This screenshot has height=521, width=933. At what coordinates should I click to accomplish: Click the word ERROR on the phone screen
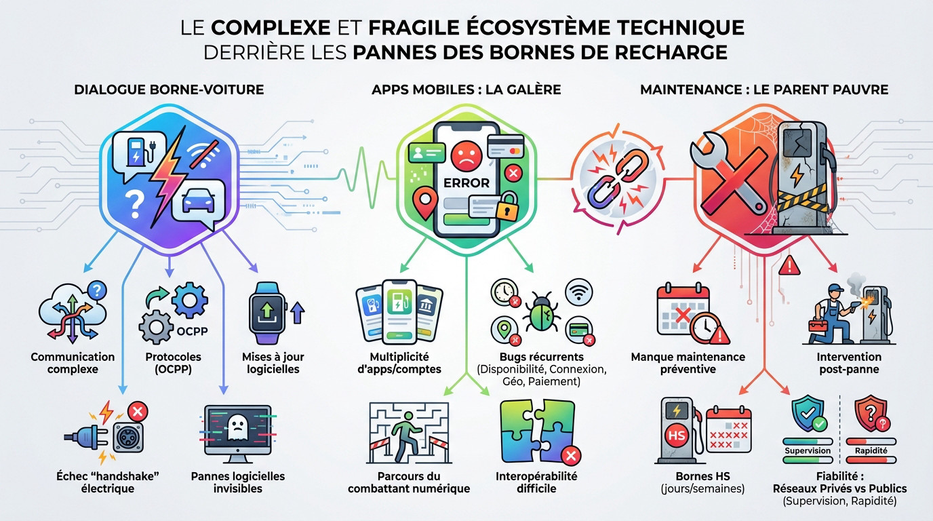point(466,182)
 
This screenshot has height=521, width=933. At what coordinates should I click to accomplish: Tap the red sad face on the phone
point(466,157)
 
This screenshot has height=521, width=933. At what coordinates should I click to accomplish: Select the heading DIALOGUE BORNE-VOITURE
point(169,90)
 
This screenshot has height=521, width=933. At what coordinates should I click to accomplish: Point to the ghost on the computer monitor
point(238,429)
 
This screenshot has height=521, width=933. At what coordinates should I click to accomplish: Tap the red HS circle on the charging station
point(677,436)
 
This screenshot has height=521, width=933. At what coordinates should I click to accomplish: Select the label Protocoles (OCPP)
point(174,363)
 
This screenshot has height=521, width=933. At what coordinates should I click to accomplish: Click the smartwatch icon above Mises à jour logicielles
point(267,313)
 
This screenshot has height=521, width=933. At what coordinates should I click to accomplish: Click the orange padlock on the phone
point(506,207)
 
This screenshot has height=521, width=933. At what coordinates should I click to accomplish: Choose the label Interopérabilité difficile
point(536,482)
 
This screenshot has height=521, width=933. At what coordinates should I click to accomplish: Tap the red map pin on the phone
point(425,203)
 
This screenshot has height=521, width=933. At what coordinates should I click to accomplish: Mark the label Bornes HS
point(702,476)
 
